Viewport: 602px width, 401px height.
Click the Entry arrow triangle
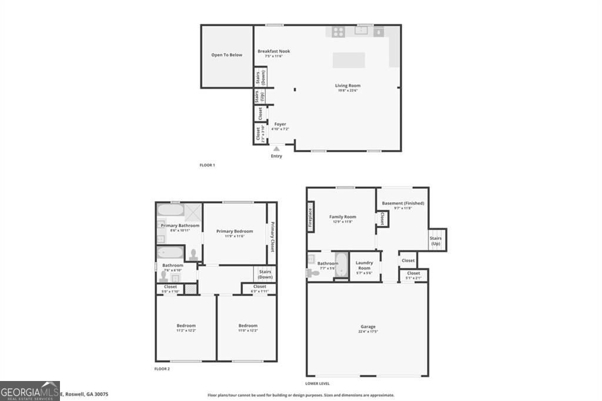coord(276,149)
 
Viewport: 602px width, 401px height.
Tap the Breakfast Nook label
coord(273,51)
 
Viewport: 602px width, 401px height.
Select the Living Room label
coord(348,86)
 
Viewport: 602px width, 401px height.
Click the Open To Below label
coord(227,55)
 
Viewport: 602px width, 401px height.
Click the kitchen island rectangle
coord(349,61)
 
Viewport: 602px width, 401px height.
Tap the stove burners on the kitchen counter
coord(338,32)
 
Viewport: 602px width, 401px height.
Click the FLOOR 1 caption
coord(207,165)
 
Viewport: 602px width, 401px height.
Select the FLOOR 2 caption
coord(162,369)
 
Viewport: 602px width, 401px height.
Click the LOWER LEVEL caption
coord(317,383)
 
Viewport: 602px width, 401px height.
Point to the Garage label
coord(368,327)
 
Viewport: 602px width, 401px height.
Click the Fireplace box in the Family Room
coord(310,215)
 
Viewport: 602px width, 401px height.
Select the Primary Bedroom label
coord(235,231)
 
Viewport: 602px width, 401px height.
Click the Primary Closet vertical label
coord(272,237)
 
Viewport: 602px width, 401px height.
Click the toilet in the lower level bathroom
coord(314,273)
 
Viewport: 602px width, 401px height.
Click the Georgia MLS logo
coord(30,390)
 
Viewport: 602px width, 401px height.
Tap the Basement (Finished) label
coord(403,203)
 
